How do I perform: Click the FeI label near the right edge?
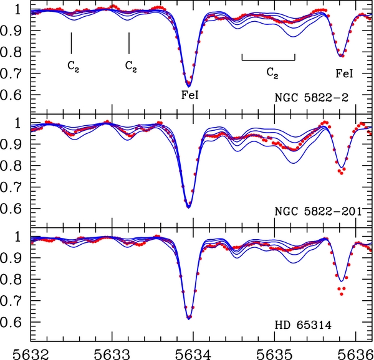coord(344,73)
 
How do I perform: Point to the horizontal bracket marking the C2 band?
coord(268,60)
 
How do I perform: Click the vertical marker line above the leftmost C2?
coord(72,42)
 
